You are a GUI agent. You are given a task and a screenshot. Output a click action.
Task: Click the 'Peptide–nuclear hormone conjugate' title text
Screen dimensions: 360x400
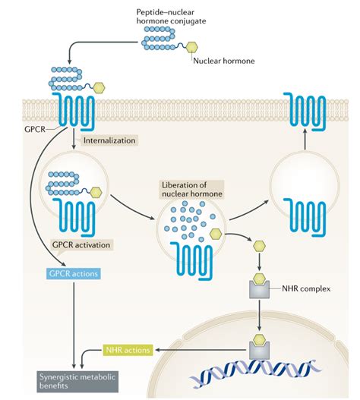171,17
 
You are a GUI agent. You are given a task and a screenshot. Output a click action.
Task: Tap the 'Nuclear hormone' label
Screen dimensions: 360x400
223,61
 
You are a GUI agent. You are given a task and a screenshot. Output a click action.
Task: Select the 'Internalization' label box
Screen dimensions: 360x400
109,140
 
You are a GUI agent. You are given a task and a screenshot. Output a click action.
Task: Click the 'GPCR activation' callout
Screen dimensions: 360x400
81,245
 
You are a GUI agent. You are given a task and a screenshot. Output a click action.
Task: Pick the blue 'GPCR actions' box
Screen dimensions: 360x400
74,274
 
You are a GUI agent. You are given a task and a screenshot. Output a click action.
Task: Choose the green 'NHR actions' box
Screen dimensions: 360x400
128,350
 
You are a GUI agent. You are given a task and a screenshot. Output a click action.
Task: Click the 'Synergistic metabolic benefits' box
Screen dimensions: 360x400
77,381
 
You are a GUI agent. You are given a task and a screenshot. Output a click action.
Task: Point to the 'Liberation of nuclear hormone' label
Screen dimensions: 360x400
192,189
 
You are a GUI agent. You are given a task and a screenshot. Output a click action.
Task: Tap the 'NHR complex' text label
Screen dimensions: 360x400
306,288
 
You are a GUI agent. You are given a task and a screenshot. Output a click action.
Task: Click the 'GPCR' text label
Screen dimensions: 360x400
35,129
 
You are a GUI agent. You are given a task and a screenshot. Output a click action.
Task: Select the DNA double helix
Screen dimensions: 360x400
254,372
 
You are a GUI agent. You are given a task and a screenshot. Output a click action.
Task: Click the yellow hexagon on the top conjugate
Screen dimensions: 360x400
191,48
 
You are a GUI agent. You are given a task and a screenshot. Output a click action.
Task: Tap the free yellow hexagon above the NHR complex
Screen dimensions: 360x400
259,246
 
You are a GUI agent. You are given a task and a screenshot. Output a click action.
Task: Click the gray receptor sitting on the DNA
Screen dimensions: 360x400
259,350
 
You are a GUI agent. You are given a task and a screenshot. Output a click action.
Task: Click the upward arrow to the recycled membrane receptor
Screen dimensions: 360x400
305,139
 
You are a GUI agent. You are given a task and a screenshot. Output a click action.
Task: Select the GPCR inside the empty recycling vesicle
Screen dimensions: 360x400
305,217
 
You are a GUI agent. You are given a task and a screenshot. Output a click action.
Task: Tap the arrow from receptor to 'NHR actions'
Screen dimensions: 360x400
202,350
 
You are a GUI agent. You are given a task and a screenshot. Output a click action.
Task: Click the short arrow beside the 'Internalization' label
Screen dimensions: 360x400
74,139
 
